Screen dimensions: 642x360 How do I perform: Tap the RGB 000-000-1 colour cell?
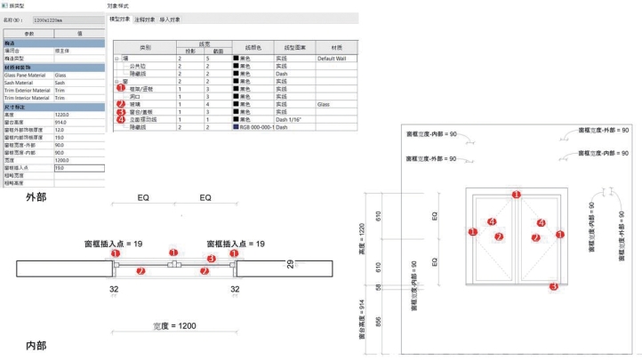253,127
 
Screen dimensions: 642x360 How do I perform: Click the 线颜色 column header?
252,45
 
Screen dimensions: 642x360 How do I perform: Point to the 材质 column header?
336,45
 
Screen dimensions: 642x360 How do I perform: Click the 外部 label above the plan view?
36,197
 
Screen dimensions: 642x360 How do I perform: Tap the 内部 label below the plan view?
36,344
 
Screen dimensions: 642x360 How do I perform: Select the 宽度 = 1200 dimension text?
173,325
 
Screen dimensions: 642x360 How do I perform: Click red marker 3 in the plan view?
211,259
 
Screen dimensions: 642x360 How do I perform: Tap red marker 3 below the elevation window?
554,286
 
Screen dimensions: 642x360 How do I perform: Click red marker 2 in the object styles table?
120,104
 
